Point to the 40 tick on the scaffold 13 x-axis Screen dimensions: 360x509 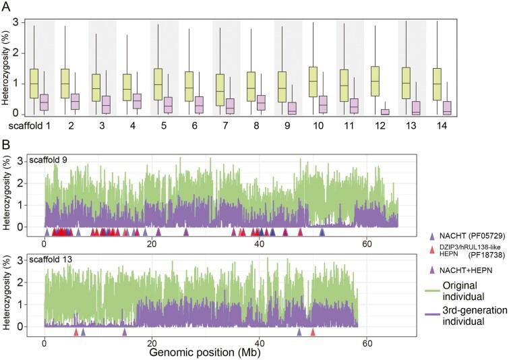tap(259, 341)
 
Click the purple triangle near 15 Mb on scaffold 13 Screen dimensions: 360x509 tap(125, 332)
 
